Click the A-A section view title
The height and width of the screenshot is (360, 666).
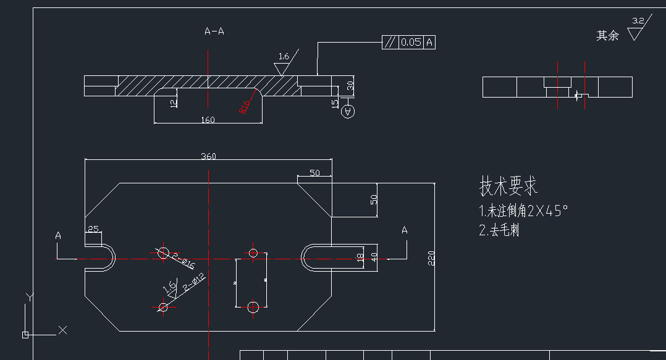click(x=214, y=31)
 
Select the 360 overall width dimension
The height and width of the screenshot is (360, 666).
click(x=208, y=156)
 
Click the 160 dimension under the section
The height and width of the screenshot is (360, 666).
click(x=208, y=120)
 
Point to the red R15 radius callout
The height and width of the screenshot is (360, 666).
click(x=245, y=107)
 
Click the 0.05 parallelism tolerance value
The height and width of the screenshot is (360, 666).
click(x=411, y=42)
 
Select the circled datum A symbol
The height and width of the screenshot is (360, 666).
click(x=348, y=111)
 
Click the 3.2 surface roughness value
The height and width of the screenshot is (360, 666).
click(x=638, y=21)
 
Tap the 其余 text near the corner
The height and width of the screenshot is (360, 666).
click(x=607, y=36)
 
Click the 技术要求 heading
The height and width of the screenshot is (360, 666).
click(x=508, y=185)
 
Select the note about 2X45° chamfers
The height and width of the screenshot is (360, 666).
click(x=523, y=211)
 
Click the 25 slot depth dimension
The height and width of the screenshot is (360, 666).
click(x=93, y=229)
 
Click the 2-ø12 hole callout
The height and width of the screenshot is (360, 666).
click(x=194, y=283)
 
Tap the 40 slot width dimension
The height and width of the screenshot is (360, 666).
click(x=373, y=257)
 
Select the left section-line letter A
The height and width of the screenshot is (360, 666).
click(x=58, y=235)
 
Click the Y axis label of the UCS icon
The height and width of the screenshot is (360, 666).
click(x=28, y=298)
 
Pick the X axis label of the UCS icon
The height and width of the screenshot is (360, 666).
click(x=62, y=330)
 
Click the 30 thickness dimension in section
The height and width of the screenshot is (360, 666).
click(x=350, y=86)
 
